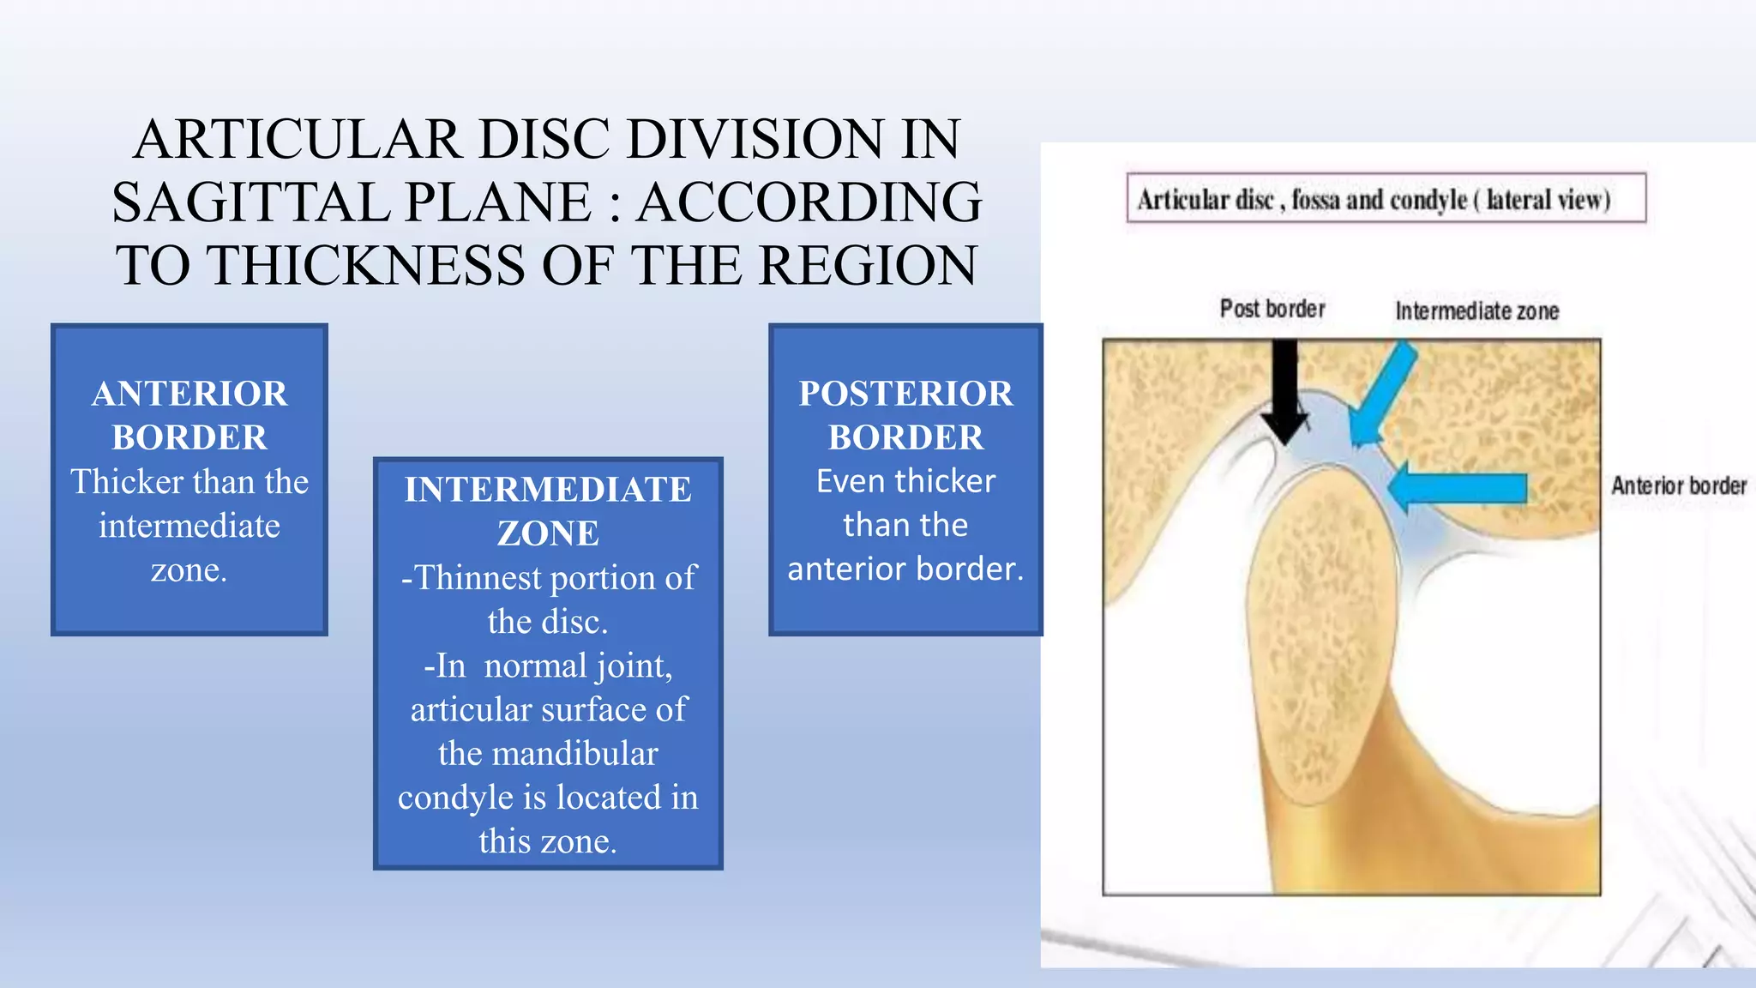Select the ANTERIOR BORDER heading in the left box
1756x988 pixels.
189,415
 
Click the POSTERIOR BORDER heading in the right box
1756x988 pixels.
905,415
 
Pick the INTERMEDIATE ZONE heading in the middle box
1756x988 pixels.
548,511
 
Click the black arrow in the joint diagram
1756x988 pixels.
1284,390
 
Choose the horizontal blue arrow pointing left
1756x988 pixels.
1458,488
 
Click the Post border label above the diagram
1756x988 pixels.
1272,309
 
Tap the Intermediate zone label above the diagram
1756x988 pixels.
1476,311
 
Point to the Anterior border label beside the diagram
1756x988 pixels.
1678,486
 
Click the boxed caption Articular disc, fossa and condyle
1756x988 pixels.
1386,199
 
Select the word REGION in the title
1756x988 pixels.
868,265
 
